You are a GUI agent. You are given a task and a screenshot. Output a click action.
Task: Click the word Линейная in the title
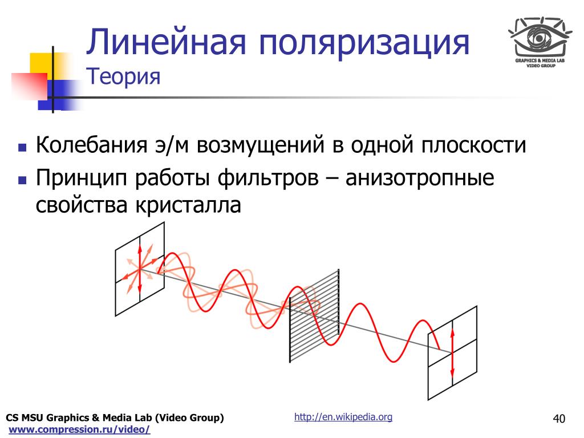pos(166,42)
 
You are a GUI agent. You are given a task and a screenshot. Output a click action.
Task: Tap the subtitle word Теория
pos(123,77)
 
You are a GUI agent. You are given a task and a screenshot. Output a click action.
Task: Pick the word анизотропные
pos(420,178)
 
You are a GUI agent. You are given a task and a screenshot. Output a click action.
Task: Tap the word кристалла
pos(188,205)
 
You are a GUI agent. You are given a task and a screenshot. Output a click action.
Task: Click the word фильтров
pos(268,178)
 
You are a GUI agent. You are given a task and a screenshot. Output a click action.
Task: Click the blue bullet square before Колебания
pos(22,147)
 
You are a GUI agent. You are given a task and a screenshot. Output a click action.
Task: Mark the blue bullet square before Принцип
pos(22,181)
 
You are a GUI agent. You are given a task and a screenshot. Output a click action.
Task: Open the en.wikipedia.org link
pos(343,417)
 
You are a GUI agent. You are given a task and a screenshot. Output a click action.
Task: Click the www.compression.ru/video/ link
pos(79,429)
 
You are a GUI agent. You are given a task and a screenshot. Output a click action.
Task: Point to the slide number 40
pos(559,419)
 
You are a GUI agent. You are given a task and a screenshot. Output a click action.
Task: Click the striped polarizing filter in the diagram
pos(314,315)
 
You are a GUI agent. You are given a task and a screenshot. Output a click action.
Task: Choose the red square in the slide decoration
pos(29,87)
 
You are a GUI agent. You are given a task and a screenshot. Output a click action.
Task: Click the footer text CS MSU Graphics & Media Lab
pos(115,418)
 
